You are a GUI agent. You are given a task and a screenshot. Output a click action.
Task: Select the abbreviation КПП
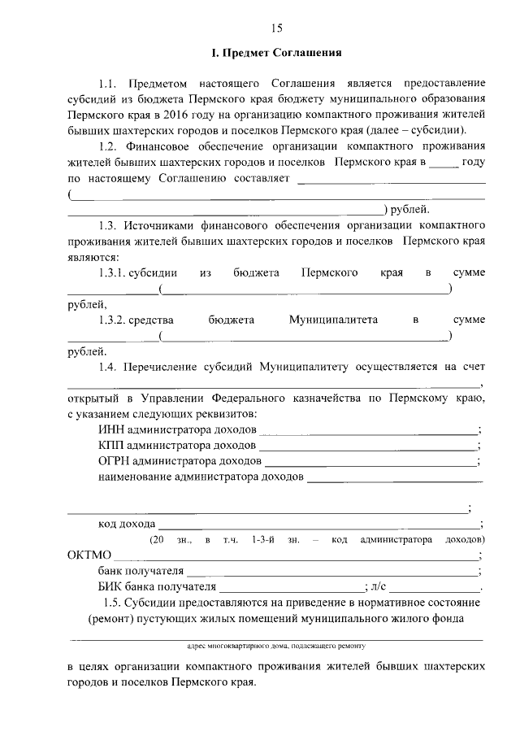(x=110, y=446)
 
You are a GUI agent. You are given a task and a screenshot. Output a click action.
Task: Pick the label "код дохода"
(x=126, y=525)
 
